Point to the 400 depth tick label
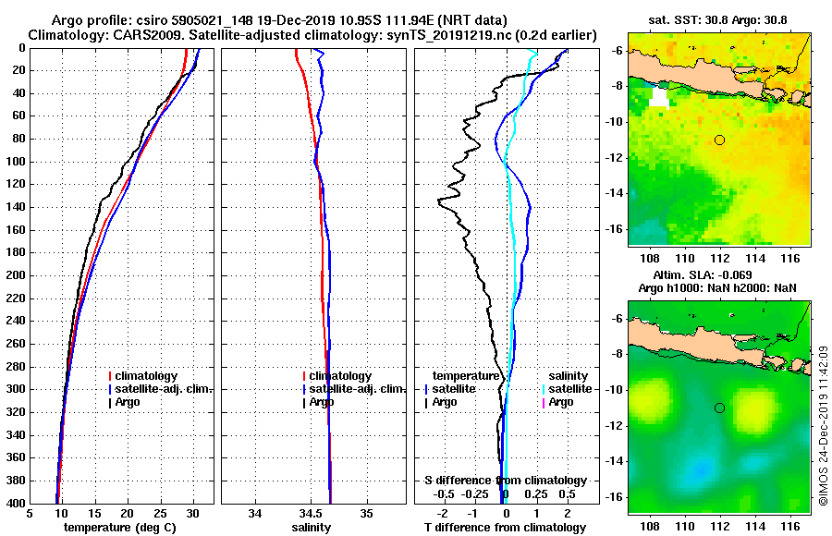point(15,504)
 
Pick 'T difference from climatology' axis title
point(505,528)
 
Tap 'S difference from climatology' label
point(505,481)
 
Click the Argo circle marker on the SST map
point(719,140)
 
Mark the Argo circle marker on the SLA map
point(719,408)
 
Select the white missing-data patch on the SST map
point(657,97)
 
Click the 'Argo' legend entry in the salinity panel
point(322,402)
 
